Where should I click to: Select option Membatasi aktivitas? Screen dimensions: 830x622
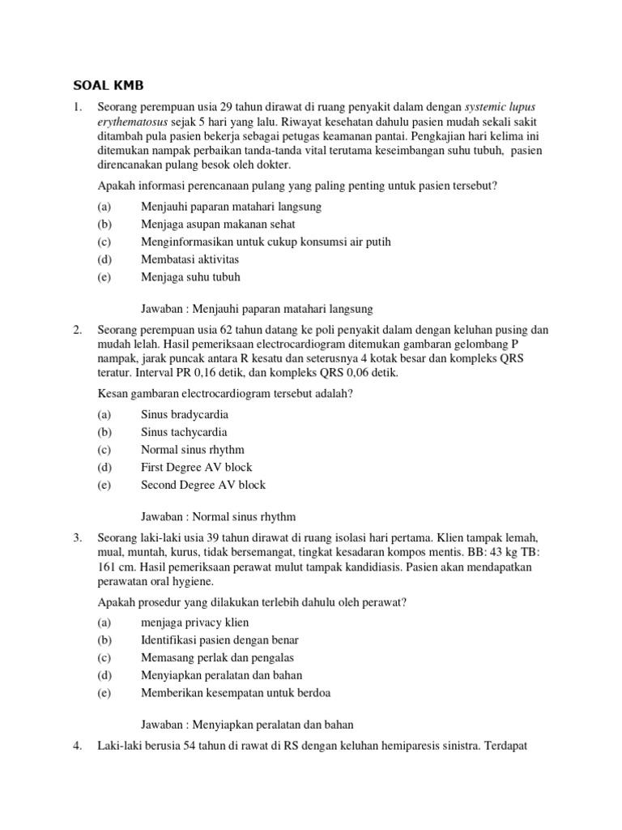click(x=190, y=259)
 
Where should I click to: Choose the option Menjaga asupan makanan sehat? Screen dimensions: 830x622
click(x=218, y=224)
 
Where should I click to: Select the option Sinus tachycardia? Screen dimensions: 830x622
click(x=184, y=432)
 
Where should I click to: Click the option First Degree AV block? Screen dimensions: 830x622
click(x=197, y=467)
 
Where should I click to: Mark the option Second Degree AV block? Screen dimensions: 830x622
click(x=203, y=485)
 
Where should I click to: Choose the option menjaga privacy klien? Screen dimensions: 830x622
click(x=195, y=622)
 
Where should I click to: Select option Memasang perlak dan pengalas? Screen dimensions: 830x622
click(x=217, y=657)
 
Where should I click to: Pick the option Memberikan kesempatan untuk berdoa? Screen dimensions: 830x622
click(x=236, y=692)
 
